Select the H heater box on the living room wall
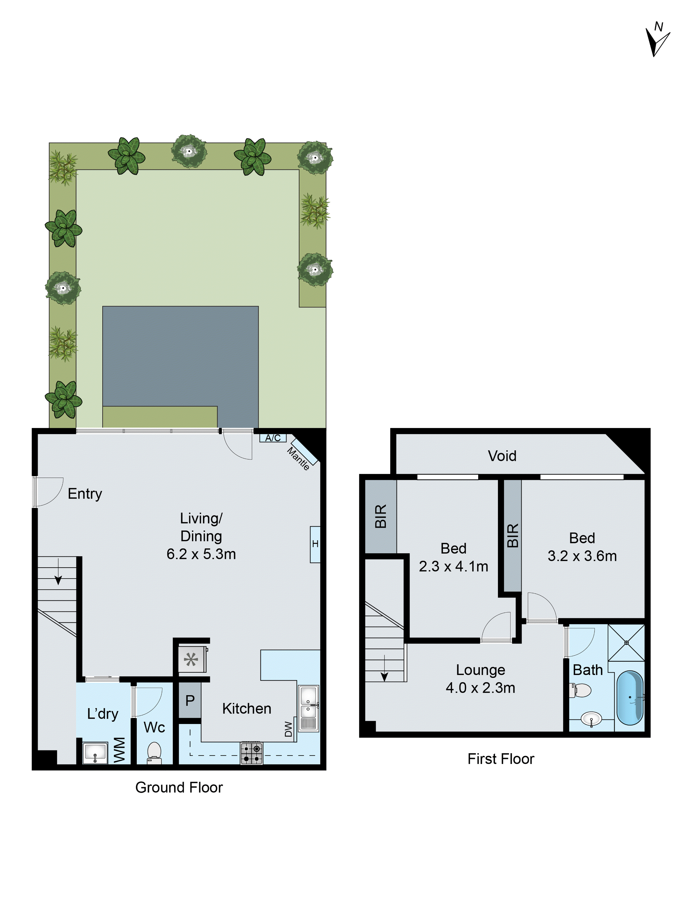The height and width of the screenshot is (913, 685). click(x=315, y=544)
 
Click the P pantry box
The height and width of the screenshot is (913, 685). click(x=190, y=700)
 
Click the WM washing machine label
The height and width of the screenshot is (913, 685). click(x=120, y=750)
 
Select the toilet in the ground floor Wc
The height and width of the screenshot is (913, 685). click(x=154, y=753)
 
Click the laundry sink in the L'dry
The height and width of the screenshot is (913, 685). click(x=95, y=753)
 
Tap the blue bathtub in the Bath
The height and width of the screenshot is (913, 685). click(x=630, y=698)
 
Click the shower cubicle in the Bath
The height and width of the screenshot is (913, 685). click(x=626, y=643)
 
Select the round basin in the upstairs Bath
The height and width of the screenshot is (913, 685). click(x=591, y=719)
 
